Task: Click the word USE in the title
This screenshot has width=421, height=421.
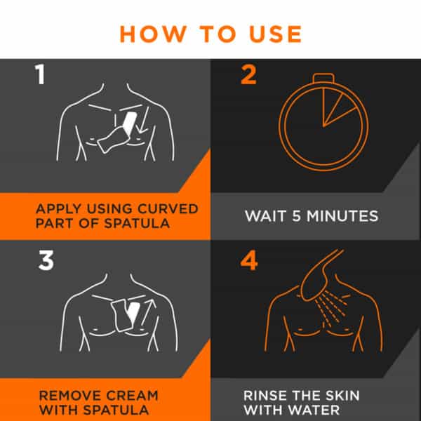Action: [x=276, y=34]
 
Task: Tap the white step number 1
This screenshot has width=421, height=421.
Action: [x=40, y=74]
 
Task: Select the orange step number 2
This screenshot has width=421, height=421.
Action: [x=248, y=75]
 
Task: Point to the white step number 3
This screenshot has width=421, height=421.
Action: [x=46, y=260]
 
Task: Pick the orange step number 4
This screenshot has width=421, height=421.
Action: [x=249, y=261]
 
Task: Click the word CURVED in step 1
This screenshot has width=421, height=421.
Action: [x=168, y=209]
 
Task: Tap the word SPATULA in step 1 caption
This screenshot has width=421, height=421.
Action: [x=137, y=223]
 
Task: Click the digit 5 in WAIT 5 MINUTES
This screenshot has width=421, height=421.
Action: [x=296, y=216]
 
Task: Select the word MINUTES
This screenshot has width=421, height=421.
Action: [x=342, y=216]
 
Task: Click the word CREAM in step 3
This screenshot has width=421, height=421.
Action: [x=132, y=396]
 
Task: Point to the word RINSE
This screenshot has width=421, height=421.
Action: [x=265, y=396]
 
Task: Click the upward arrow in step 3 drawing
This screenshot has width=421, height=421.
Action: [x=149, y=312]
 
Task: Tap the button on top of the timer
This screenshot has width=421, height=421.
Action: [x=323, y=78]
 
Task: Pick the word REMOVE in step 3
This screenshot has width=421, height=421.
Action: [x=70, y=396]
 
